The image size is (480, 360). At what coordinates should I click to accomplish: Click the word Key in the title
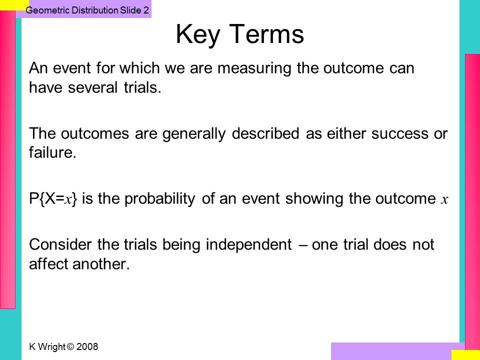pyautogui.click(x=198, y=35)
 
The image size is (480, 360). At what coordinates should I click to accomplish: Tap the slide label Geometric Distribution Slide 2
pyautogui.click(x=87, y=10)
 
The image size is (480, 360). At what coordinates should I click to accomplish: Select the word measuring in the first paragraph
pyautogui.click(x=254, y=68)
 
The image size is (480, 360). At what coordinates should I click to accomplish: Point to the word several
pyautogui.click(x=92, y=87)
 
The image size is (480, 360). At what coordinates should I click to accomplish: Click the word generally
pyautogui.click(x=194, y=134)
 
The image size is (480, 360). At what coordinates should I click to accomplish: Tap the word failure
pyautogui.click(x=52, y=152)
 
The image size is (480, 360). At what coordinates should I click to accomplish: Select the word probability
pyautogui.click(x=159, y=199)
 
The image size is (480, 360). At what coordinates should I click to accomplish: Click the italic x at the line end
pyautogui.click(x=444, y=200)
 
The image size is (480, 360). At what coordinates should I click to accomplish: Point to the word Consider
pyautogui.click(x=60, y=244)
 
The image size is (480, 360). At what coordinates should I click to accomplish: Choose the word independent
pyautogui.click(x=248, y=244)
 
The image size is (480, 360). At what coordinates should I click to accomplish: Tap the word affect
pyautogui.click(x=49, y=264)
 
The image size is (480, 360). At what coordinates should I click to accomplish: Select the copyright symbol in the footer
pyautogui.click(x=70, y=347)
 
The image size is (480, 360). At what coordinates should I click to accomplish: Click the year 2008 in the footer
pyautogui.click(x=87, y=347)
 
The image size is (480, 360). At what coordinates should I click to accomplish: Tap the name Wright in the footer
pyautogui.click(x=51, y=347)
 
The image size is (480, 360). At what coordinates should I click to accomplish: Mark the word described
pyautogui.click(x=265, y=134)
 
